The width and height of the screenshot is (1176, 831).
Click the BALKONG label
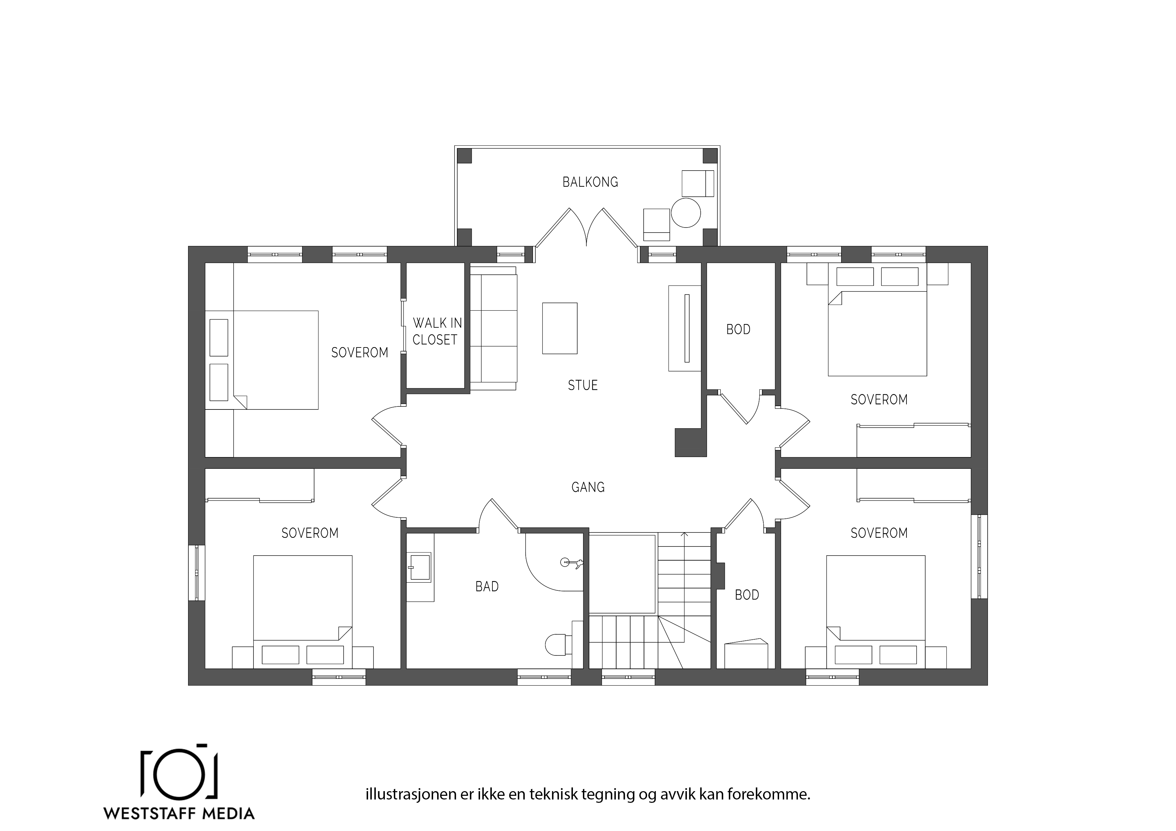[x=590, y=182]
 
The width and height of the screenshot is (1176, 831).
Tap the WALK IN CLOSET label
[x=437, y=331]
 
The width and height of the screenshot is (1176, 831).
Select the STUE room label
[x=582, y=385]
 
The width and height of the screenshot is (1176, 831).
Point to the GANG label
[x=588, y=487]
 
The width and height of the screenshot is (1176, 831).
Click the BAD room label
[x=486, y=586]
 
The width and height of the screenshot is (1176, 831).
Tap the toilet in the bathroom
[x=559, y=644]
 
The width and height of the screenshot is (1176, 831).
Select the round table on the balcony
[x=685, y=212]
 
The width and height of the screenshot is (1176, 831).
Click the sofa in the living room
[x=493, y=328]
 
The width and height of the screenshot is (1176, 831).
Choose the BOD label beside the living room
[x=738, y=329]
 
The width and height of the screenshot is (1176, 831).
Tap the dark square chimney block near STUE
[x=691, y=442]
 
